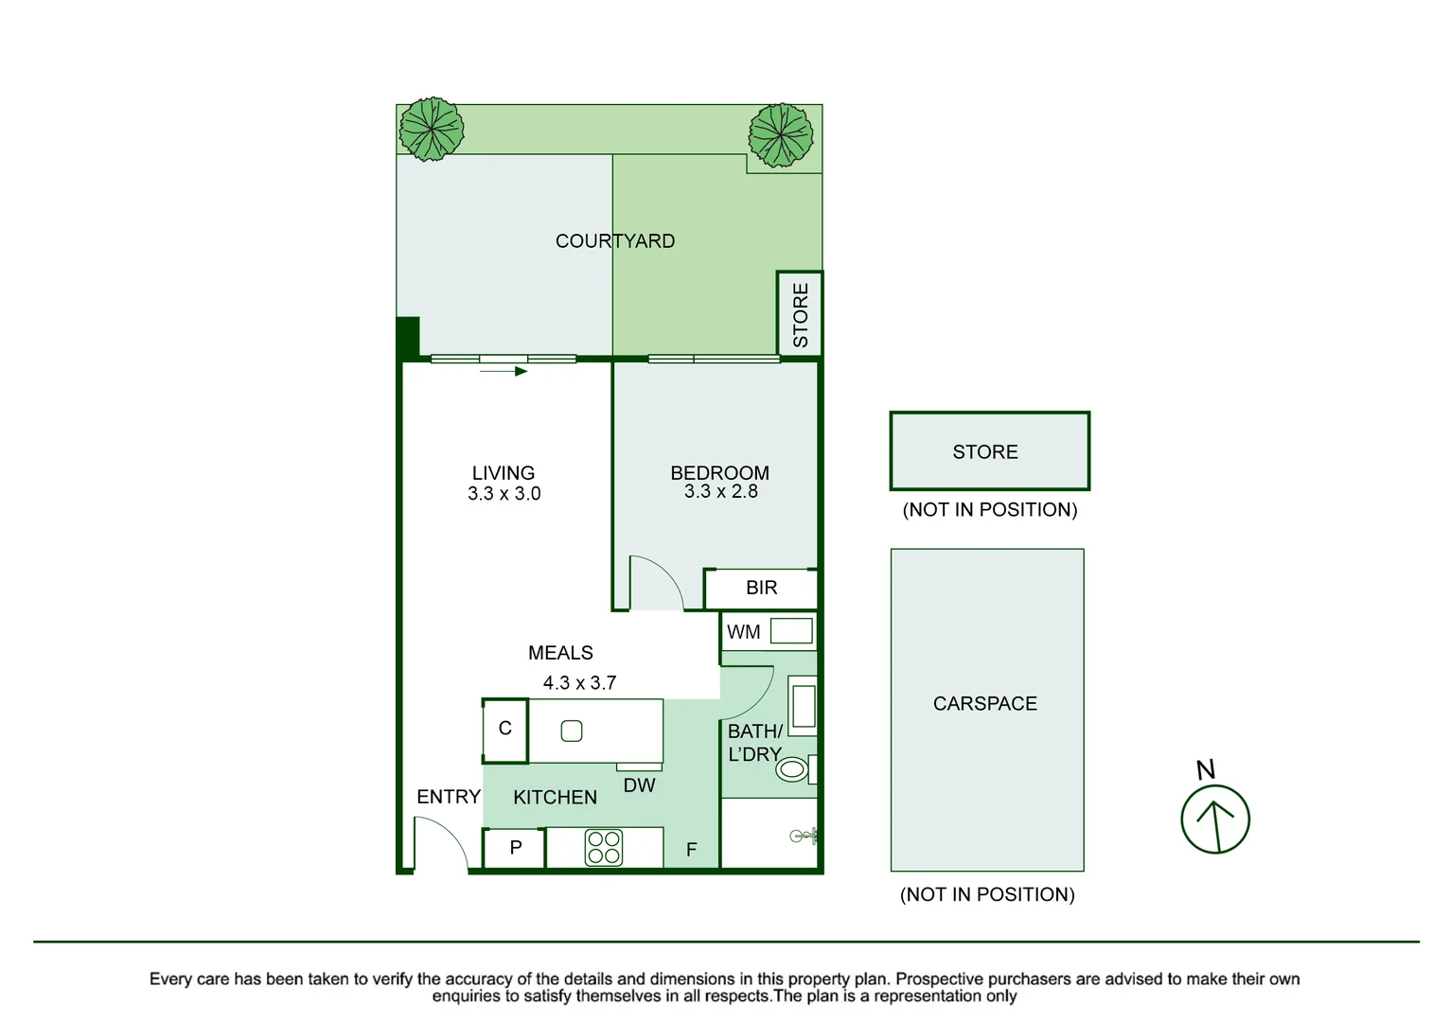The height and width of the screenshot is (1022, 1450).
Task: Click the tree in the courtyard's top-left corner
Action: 432,129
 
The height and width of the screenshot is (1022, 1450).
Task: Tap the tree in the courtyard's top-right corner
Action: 781,135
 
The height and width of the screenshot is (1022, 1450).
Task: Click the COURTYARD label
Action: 615,241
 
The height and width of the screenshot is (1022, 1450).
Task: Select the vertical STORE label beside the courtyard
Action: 801,315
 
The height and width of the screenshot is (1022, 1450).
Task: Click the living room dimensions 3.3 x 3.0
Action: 504,494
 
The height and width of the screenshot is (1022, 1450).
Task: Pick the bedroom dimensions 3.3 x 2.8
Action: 721,492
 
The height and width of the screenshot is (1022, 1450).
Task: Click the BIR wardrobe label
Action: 762,588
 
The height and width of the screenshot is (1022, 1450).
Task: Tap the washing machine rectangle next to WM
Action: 791,631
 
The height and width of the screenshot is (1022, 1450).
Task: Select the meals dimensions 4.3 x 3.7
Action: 579,683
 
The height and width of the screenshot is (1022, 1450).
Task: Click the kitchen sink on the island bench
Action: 572,731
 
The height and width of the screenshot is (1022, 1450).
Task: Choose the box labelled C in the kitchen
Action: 505,729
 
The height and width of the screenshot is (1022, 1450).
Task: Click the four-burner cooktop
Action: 604,848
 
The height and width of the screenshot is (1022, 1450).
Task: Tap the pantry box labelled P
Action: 515,848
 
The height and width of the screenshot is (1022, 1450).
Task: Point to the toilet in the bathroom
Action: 793,769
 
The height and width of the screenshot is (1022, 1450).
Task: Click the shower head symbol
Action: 803,836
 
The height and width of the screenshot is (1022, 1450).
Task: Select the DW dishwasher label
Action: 640,785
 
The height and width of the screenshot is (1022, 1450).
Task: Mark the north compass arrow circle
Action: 1215,819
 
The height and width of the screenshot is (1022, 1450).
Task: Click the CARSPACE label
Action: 985,704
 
